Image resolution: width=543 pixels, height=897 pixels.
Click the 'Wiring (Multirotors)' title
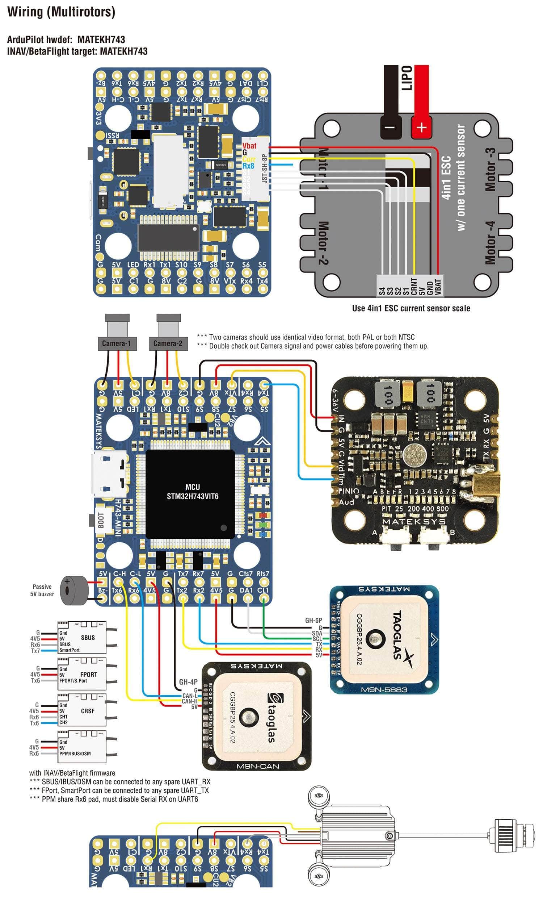(x=61, y=12)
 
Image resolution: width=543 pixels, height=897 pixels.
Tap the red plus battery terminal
(x=421, y=127)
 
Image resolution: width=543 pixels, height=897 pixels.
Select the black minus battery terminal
(x=390, y=127)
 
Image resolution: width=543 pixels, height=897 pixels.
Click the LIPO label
(x=406, y=78)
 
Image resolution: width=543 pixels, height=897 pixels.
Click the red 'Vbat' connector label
(x=249, y=146)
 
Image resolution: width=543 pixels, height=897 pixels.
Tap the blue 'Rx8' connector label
(x=248, y=166)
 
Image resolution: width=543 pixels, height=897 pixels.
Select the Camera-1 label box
(x=117, y=343)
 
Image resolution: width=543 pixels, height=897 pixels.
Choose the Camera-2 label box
(x=168, y=343)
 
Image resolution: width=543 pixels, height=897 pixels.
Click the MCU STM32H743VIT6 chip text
(x=192, y=492)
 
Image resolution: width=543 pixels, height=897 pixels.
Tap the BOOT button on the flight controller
(x=101, y=521)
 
